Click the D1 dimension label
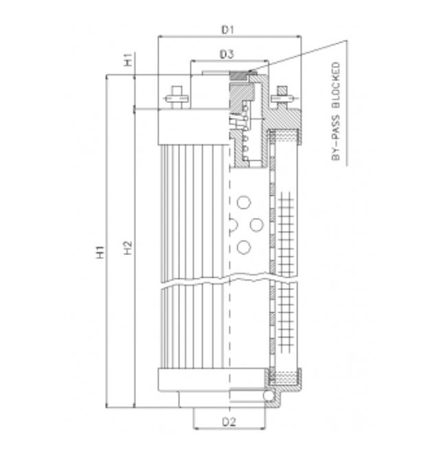[228, 30]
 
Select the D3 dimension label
[227, 54]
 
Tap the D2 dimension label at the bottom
[229, 421]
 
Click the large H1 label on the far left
[100, 252]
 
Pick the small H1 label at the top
[129, 62]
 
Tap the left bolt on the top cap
[176, 95]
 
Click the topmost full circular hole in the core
[243, 202]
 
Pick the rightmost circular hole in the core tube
[257, 225]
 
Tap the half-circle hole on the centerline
[232, 225]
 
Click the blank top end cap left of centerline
[192, 126]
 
